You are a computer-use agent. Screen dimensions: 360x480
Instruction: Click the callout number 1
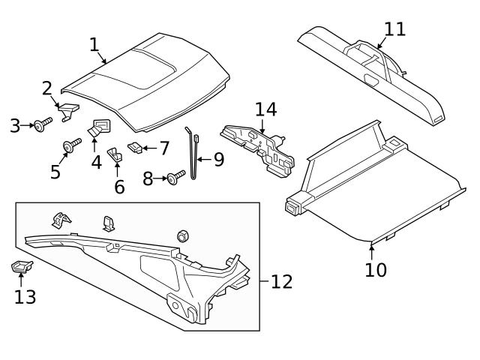[94, 44]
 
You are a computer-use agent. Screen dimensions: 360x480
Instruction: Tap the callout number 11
[394, 29]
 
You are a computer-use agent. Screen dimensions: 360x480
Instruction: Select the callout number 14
[265, 109]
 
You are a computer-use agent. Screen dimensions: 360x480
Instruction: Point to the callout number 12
[281, 282]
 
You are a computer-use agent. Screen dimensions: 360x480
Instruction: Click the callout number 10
[376, 269]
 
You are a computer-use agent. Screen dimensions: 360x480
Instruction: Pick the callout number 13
[25, 296]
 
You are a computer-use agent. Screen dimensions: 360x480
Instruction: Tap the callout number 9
[219, 160]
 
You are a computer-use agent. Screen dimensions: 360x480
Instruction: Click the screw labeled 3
[40, 124]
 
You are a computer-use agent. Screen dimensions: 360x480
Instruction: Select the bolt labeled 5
[73, 145]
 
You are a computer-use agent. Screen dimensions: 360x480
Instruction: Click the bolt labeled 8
[176, 178]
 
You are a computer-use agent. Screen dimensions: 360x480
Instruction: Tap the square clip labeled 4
[98, 127]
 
